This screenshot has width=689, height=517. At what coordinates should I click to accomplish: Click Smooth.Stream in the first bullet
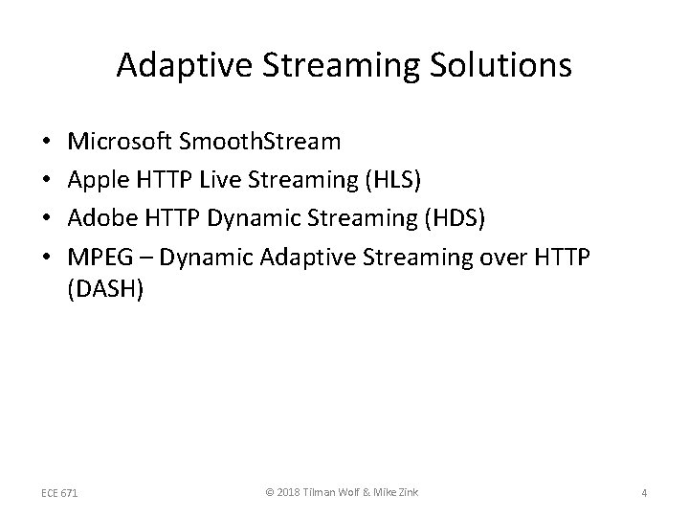click(x=271, y=143)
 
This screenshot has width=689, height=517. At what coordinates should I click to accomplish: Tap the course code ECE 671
click(x=61, y=492)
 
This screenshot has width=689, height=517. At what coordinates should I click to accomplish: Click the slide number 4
click(x=644, y=492)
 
